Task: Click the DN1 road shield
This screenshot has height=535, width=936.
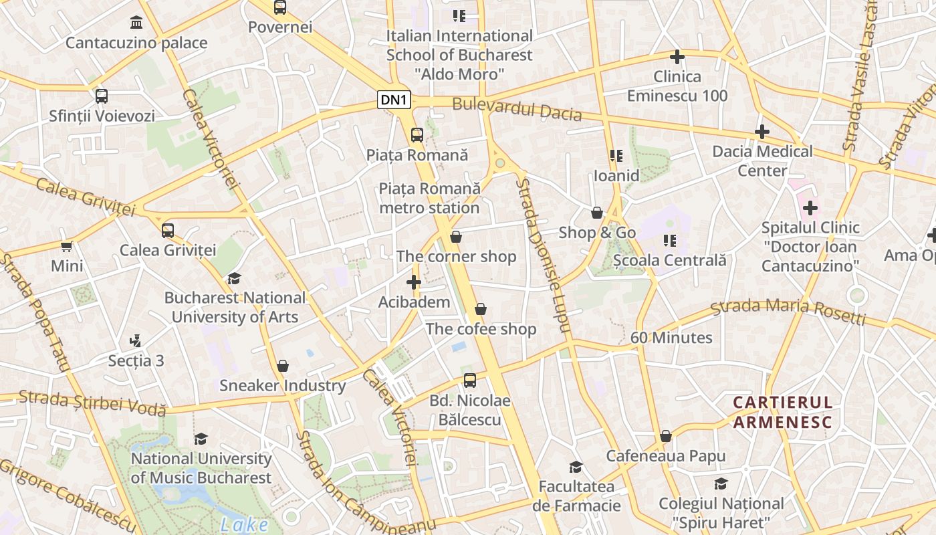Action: [x=394, y=100]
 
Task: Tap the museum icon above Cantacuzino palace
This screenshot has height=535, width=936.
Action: [x=136, y=23]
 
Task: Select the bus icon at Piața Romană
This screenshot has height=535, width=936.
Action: [x=417, y=135]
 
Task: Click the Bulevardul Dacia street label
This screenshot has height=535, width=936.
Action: [x=517, y=109]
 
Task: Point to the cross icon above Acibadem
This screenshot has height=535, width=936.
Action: [x=414, y=282]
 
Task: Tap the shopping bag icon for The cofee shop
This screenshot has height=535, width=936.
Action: [x=481, y=309]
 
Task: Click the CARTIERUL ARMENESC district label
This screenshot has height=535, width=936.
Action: [x=782, y=413]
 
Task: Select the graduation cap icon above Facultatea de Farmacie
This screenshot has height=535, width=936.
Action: [x=576, y=467]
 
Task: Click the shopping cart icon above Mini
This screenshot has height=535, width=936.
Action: [x=67, y=246]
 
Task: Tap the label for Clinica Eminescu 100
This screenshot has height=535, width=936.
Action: [x=677, y=86]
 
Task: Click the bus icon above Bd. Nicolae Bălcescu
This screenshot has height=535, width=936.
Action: [x=470, y=381]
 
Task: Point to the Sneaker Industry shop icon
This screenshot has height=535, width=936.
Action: [x=283, y=366]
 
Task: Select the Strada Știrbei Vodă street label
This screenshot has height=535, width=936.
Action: [x=92, y=403]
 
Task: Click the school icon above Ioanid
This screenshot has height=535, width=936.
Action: [x=616, y=156]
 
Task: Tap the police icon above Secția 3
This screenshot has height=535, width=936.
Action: [x=136, y=340]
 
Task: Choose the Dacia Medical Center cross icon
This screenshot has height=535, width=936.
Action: [x=762, y=132]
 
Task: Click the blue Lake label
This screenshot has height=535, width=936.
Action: [x=244, y=525]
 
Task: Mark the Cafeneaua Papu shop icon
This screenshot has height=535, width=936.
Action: [x=666, y=436]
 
